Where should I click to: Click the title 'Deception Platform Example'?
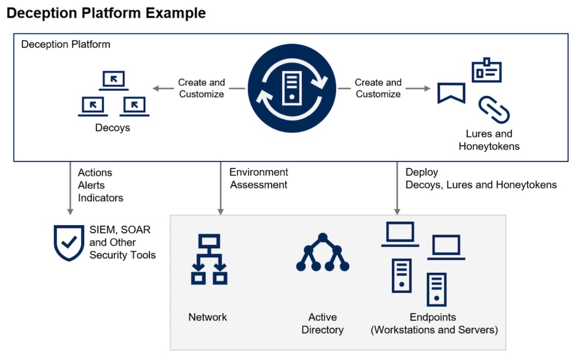click(106, 13)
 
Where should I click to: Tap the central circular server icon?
click(292, 89)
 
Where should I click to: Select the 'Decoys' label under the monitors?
click(113, 127)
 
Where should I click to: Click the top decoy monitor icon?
click(113, 80)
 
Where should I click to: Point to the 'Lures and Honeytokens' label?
click(489, 140)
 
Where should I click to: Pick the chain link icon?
click(494, 110)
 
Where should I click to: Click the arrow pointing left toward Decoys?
click(162, 89)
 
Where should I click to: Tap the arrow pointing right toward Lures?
click(420, 89)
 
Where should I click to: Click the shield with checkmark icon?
click(68, 243)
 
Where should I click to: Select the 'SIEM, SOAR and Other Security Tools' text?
click(122, 242)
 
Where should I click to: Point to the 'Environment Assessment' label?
click(259, 178)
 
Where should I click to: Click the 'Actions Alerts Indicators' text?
click(100, 185)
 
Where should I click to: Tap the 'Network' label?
click(208, 317)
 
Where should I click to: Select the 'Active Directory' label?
click(322, 323)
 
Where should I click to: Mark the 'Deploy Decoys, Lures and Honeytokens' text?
click(481, 178)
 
